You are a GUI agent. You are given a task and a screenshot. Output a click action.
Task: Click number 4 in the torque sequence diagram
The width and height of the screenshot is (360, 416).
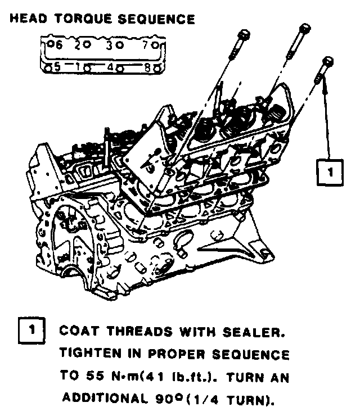[111, 66]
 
